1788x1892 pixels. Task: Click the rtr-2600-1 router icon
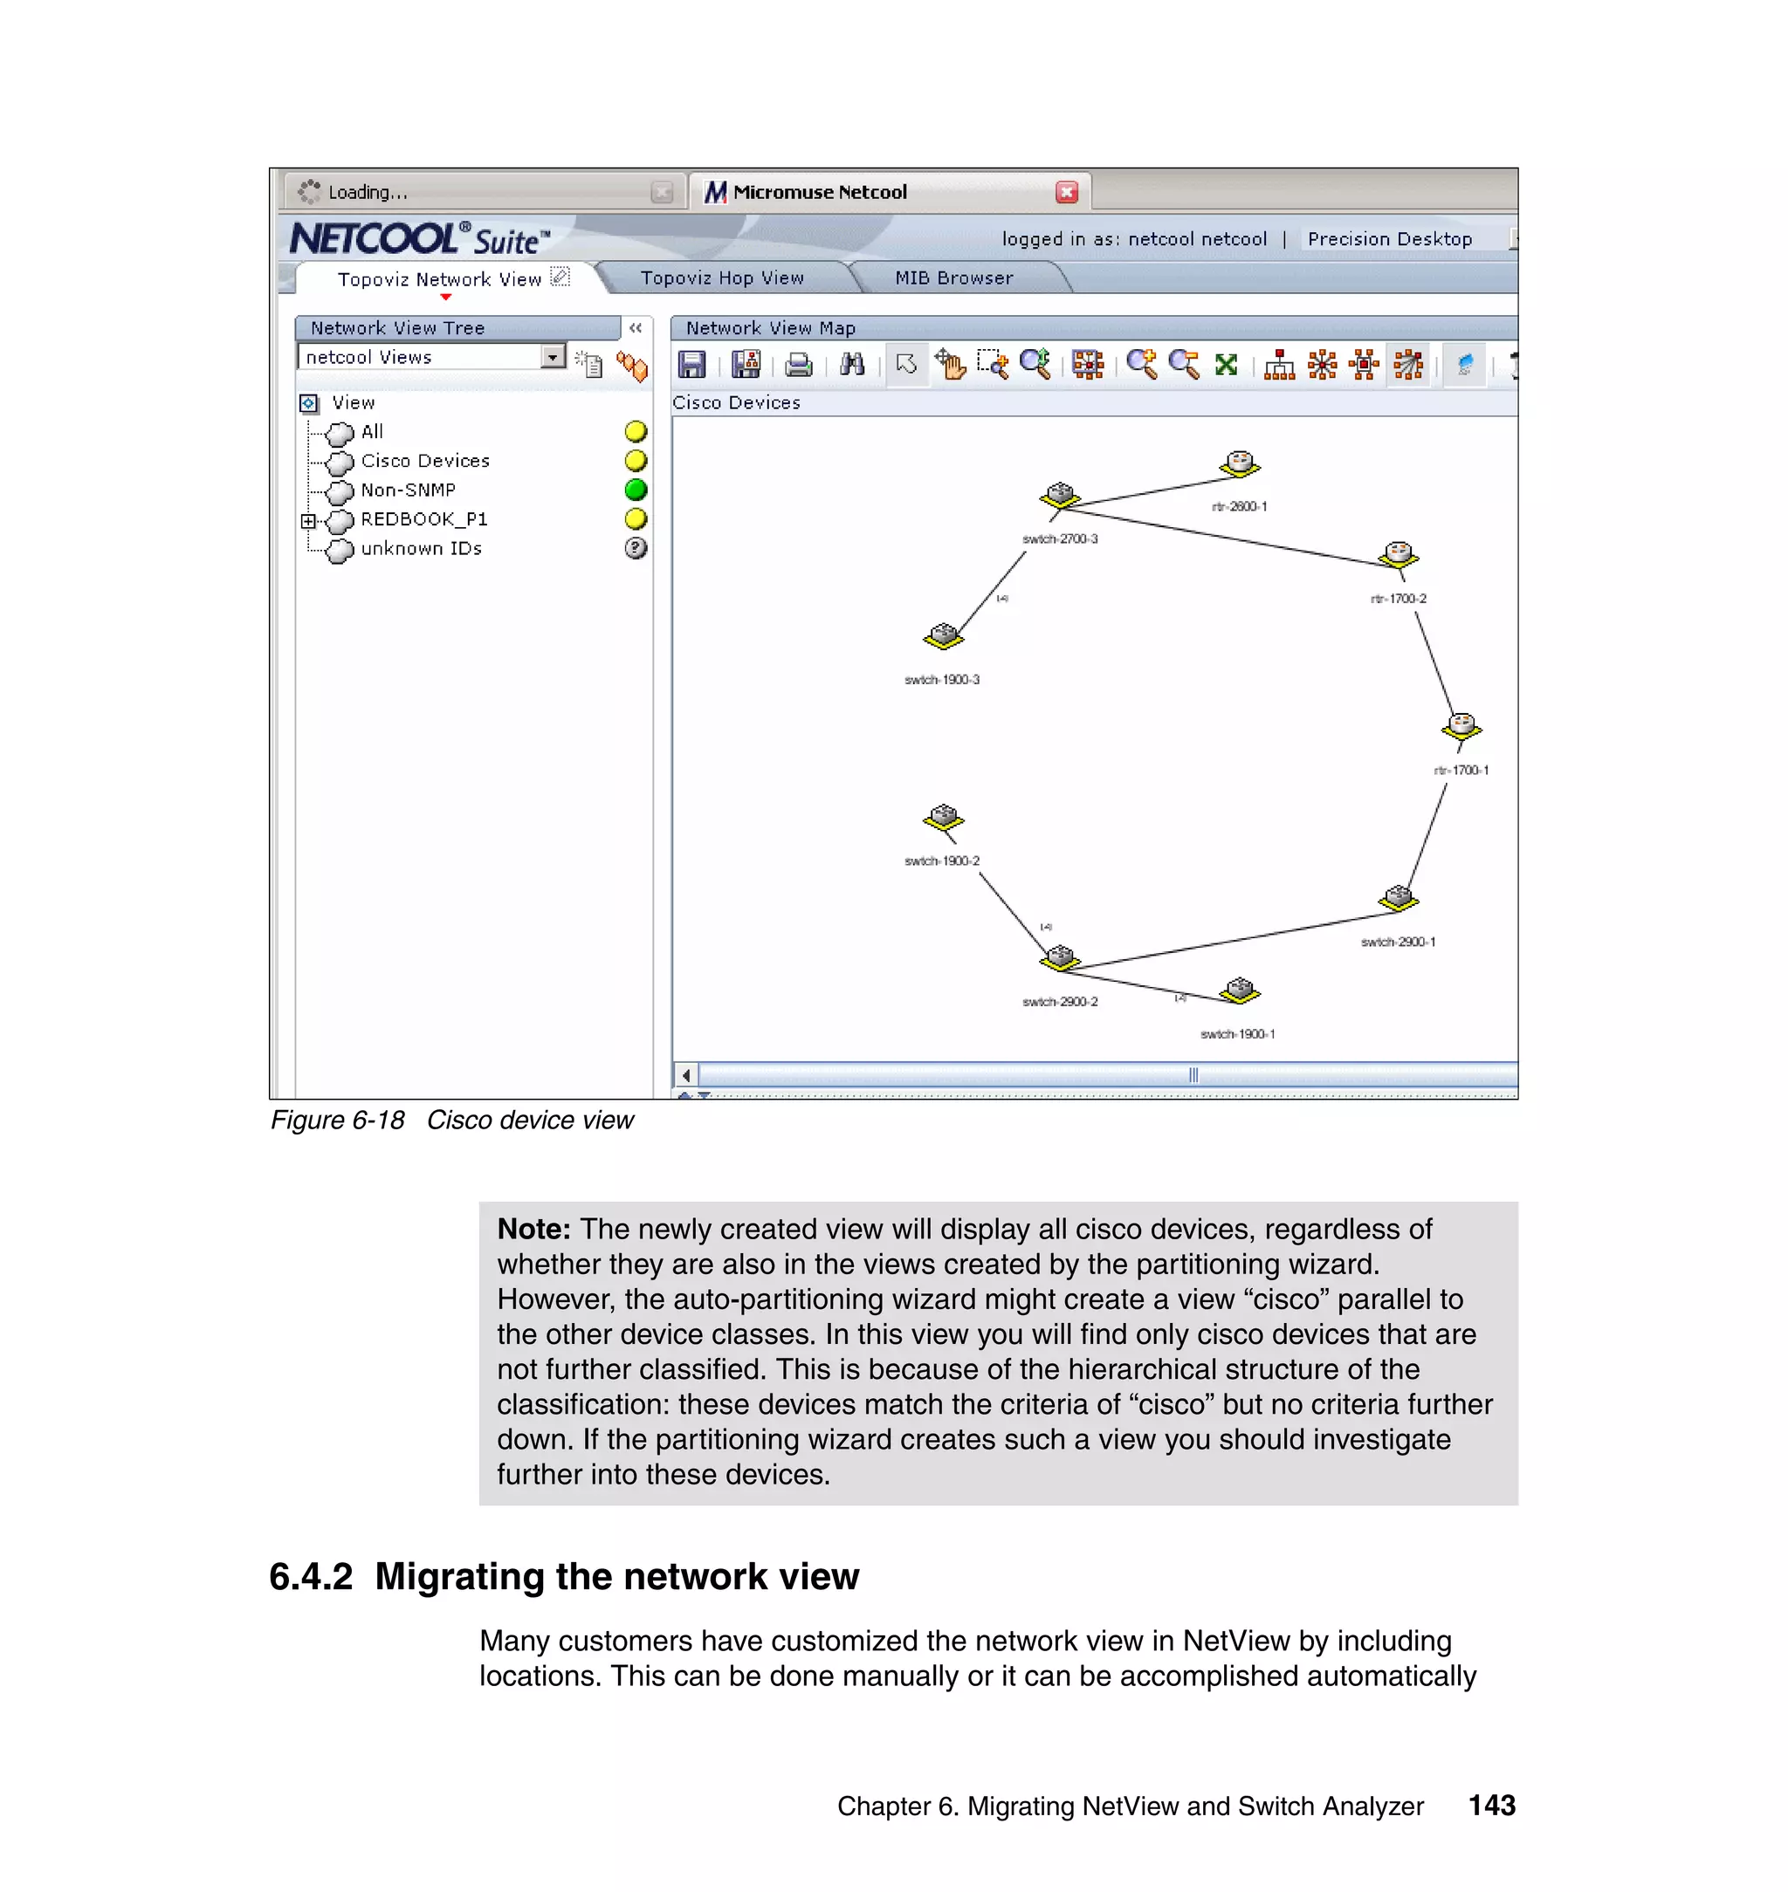(1239, 464)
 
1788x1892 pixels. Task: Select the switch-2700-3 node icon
(1059, 496)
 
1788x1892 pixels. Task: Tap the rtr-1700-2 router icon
(1399, 554)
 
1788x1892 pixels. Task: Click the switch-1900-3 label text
(942, 679)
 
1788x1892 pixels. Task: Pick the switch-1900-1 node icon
(1239, 991)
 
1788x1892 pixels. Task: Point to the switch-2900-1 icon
(1399, 897)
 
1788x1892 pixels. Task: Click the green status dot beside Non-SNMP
(636, 490)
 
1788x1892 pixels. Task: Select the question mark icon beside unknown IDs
(636, 548)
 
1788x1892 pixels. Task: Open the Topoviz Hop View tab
(721, 278)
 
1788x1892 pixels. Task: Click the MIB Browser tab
(953, 278)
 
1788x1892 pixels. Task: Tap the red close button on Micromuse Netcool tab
(1067, 193)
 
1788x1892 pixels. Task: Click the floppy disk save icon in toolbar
(691, 365)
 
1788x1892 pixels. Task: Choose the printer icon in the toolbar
(798, 365)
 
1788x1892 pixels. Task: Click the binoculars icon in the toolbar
(852, 365)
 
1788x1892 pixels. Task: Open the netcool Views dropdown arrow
(553, 357)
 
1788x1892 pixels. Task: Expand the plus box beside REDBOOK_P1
(308, 520)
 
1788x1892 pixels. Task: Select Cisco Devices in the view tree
(425, 461)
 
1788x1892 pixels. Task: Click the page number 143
(1491, 1806)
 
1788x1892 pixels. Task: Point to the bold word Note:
(533, 1229)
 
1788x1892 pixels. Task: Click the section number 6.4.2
(311, 1577)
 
